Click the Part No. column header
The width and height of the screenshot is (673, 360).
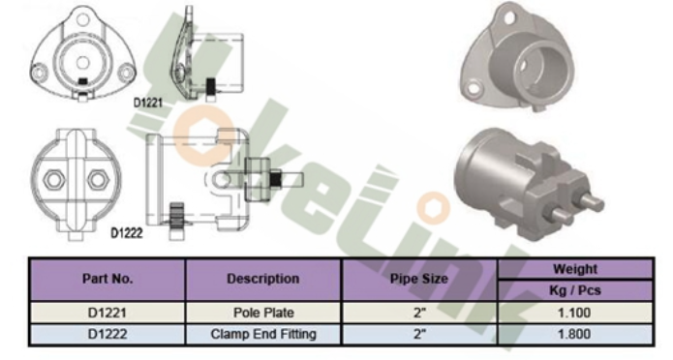pos(107,280)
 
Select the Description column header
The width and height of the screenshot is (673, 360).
pos(263,280)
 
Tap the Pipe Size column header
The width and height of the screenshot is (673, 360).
pos(419,280)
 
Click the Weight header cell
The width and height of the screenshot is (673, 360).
pos(575,269)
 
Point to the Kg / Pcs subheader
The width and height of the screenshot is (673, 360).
pos(575,290)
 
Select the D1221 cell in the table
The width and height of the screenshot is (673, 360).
pos(107,313)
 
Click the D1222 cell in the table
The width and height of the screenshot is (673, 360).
pos(107,334)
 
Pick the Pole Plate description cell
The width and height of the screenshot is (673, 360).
pos(263,313)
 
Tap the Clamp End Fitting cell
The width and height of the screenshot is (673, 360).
pos(263,334)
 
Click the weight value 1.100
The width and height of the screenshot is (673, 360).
pos(575,313)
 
